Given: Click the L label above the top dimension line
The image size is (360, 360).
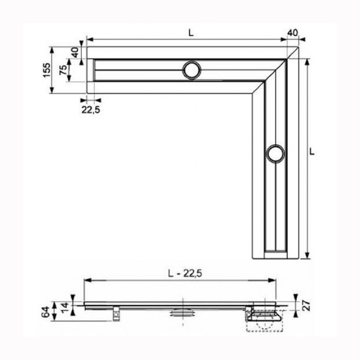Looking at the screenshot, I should click(190, 32).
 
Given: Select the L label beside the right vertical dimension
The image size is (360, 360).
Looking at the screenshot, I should click(312, 152).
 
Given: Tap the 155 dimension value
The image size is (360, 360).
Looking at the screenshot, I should click(46, 70).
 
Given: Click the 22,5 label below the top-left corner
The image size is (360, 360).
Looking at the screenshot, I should click(90, 109).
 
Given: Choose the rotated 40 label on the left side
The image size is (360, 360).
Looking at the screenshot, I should click(75, 52).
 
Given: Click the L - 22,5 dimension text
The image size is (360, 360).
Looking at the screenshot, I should click(181, 274).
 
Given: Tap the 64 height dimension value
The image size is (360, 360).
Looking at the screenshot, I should click(45, 312).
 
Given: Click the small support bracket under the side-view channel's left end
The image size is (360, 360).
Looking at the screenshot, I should click(117, 312).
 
